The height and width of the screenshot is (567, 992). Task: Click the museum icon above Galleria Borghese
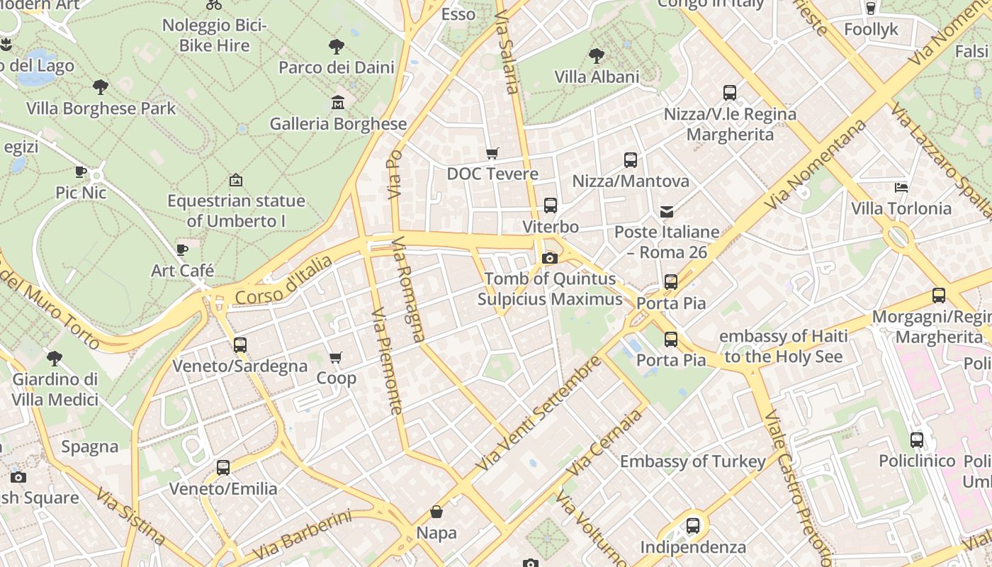coord(338,103)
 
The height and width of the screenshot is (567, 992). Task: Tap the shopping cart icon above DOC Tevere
coord(492,153)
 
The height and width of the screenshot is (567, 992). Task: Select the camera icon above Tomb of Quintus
coord(549,258)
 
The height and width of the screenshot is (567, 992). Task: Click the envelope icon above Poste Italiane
coord(667,211)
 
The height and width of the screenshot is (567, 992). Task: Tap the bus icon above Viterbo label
coord(550,206)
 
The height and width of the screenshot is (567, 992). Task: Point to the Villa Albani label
coord(597,77)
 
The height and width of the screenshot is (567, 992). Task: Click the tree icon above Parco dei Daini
coord(337,47)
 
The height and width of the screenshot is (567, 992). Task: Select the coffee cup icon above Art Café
coord(182,249)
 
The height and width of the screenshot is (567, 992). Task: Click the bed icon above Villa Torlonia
coord(901,188)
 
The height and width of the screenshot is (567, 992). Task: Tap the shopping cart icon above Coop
coord(336,357)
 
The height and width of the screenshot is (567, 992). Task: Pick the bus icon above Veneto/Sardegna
coord(240,345)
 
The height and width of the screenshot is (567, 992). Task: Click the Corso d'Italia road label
coord(283,281)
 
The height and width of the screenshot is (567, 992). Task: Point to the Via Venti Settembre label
coord(538,415)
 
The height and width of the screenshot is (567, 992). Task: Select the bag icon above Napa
coord(436,512)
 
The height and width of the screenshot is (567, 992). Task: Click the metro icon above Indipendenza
coord(693,526)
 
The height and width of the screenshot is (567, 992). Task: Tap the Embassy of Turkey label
coord(692,462)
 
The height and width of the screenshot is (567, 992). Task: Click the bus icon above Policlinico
coord(917,439)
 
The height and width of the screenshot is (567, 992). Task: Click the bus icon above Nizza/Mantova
coord(631,160)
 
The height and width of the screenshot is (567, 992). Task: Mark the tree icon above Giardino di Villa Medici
coord(55,358)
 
